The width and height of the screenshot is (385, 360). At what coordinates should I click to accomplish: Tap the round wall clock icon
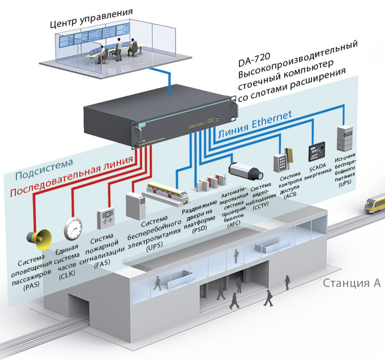pos(74,228)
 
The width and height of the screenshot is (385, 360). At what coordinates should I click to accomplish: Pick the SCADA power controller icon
pos(316,152)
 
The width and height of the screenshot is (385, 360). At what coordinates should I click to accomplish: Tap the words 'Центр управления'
pos(91,11)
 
